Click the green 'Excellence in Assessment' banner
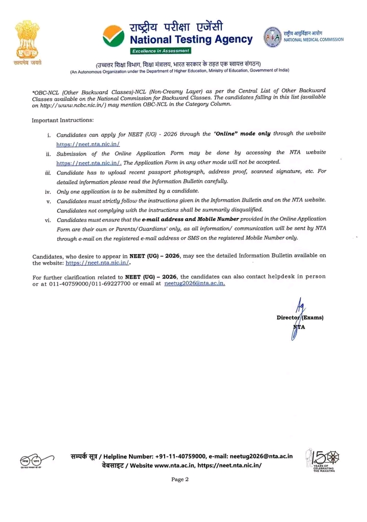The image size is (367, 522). (x=160, y=51)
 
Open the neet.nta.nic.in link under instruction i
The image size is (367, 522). (x=88, y=144)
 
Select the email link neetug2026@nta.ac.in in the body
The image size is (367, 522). (x=195, y=284)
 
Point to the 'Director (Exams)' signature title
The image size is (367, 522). (x=300, y=317)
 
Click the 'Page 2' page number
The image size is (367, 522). (x=180, y=479)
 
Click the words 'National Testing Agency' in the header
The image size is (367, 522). (x=191, y=40)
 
